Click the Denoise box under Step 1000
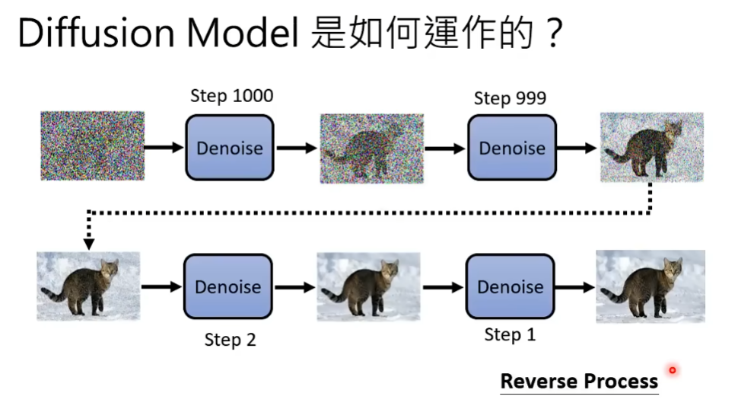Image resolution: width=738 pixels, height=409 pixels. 229,148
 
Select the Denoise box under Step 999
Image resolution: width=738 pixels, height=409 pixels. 511,148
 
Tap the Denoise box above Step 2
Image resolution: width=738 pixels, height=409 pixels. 227,287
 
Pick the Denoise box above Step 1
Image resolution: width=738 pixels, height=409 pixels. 510,287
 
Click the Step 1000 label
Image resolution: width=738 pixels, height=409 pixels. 231,96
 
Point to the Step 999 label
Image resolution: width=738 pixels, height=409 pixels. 510,98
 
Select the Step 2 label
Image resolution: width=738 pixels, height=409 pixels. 230,340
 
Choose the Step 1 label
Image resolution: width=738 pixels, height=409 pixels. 510,335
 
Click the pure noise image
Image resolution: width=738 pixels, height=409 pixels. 92,145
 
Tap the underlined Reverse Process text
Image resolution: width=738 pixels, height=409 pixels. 579,381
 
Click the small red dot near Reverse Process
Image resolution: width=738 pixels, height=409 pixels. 673,371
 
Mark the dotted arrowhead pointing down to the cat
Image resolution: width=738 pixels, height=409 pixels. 89,244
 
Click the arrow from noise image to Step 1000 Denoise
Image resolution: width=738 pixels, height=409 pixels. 164,147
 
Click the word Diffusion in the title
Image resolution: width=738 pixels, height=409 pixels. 91,34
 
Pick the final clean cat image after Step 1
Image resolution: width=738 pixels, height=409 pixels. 651,286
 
